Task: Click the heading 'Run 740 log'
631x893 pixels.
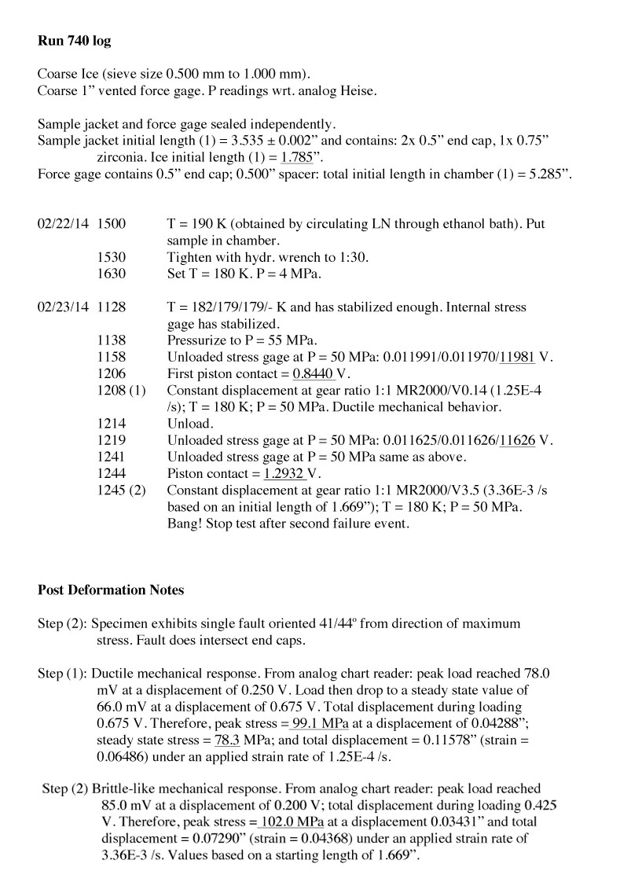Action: click(74, 40)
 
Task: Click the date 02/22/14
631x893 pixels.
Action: click(63, 224)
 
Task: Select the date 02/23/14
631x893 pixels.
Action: click(63, 307)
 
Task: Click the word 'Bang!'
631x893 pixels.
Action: click(185, 523)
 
